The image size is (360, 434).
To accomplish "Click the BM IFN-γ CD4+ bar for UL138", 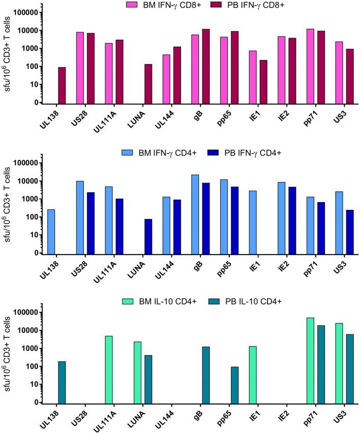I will click(51, 231).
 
